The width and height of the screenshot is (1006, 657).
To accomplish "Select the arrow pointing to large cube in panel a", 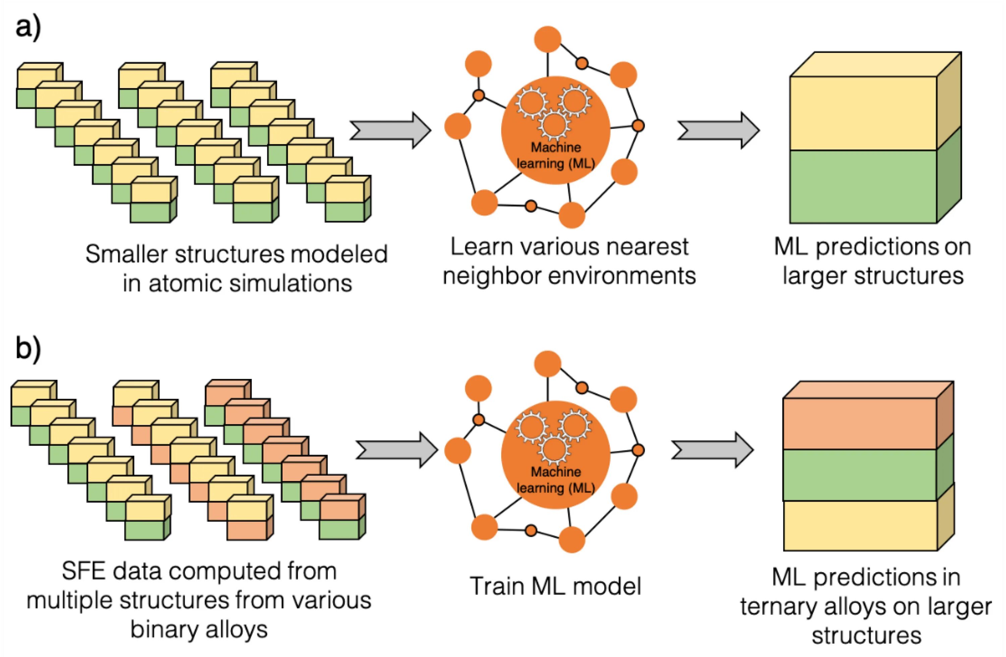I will [719, 130].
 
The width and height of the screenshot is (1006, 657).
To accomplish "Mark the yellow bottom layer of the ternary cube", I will [860, 526].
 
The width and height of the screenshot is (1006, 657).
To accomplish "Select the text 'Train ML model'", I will [555, 586].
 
